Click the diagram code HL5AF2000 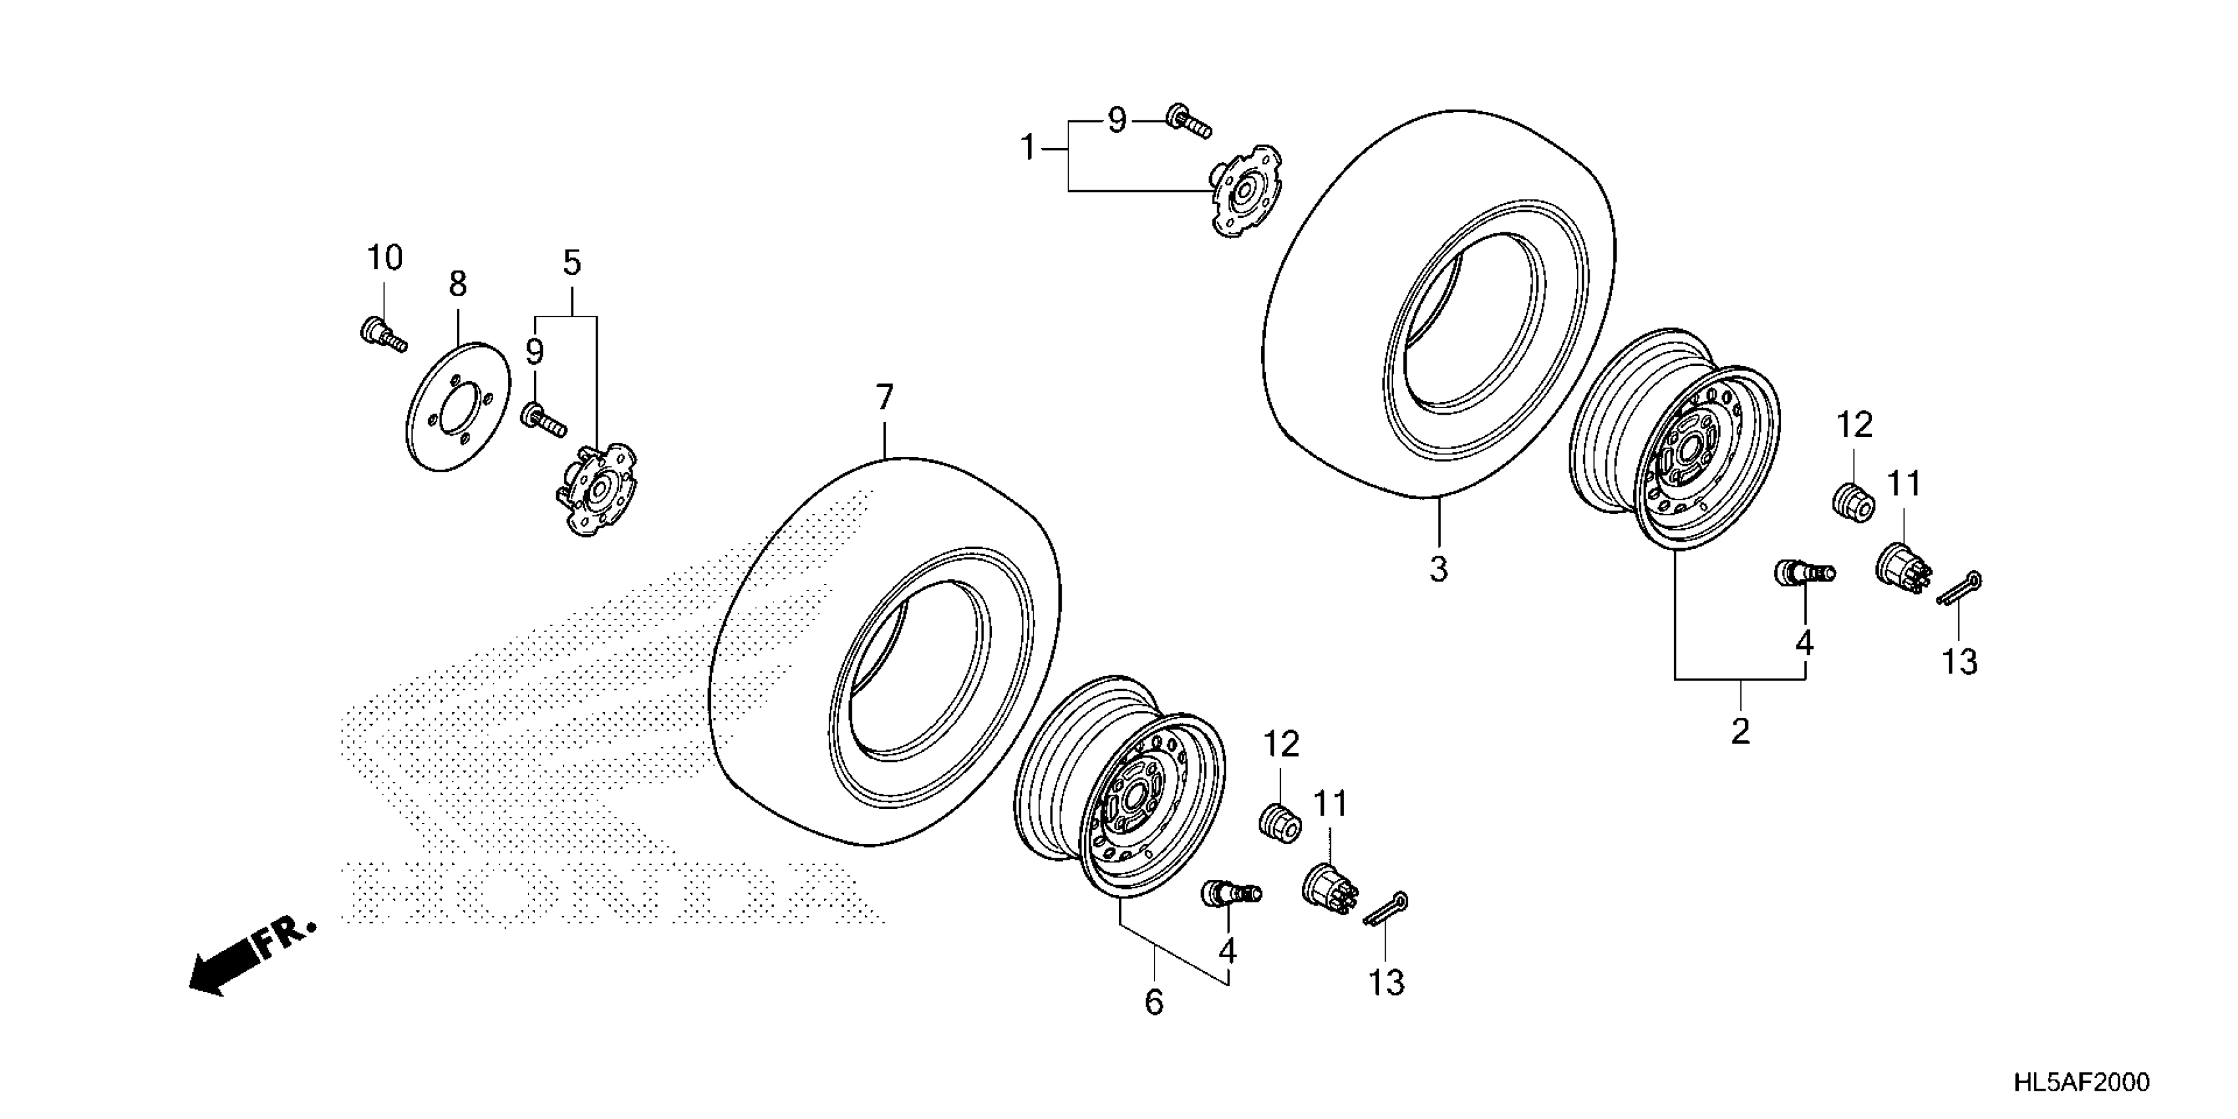pos(2081,1081)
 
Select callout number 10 pos(384,258)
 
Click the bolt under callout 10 pos(382,335)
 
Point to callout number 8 pos(458,284)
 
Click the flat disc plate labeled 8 pos(458,405)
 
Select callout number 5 pos(571,263)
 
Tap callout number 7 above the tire pos(885,398)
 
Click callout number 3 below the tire pos(1439,570)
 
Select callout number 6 pos(1154,1002)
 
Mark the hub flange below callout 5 pos(595,488)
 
